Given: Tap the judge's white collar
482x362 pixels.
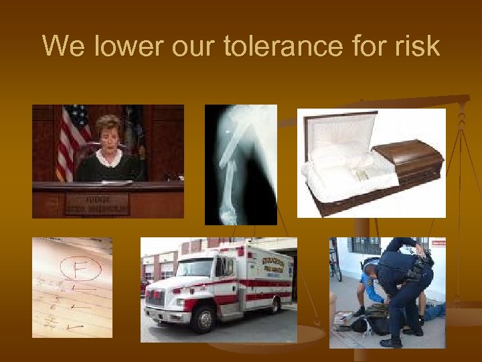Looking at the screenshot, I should point(108,159).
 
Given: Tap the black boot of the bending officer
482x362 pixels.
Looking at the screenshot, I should point(391,343).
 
